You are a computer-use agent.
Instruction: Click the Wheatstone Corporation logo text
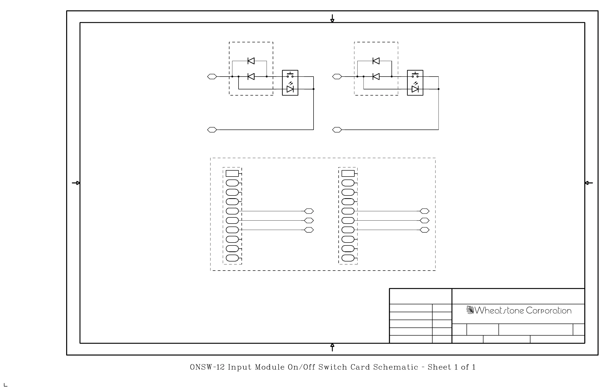coord(519,310)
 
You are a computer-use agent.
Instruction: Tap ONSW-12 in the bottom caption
coord(207,367)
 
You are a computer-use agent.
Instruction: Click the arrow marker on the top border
coord(332,18)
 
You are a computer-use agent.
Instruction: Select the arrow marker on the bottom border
coord(332,347)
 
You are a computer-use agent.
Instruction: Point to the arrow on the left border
coord(76,183)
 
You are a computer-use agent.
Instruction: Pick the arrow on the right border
coord(589,183)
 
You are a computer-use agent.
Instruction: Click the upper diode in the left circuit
coord(251,61)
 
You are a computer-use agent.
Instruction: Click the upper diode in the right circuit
coord(376,61)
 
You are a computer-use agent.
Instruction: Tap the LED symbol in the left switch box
coord(290,89)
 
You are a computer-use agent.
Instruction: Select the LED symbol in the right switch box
coord(415,89)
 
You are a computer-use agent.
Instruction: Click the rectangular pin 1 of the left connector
coord(232,174)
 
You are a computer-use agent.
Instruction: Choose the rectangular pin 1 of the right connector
coord(348,174)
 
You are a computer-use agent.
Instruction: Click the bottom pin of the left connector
coord(232,258)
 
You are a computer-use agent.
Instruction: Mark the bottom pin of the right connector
coord(348,258)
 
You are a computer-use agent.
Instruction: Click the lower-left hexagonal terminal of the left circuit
coord(212,130)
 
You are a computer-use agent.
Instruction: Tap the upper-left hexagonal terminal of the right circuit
coord(337,77)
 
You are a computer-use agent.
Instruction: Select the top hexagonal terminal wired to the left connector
coord(309,211)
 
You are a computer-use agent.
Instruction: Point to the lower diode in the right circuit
coord(376,77)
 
